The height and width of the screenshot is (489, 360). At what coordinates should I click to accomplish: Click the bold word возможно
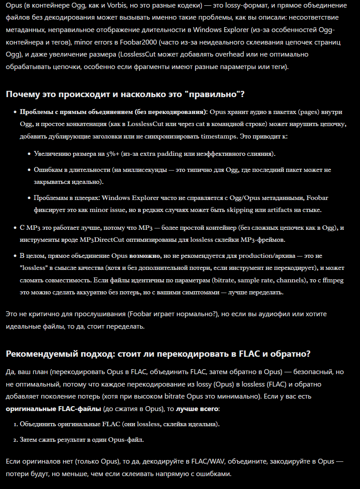[x=145, y=256]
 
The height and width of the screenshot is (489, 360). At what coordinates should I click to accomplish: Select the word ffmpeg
[x=332, y=281]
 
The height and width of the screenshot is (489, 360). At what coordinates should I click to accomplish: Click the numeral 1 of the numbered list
[x=15, y=424]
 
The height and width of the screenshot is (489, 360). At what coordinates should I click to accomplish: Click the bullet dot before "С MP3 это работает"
[x=15, y=228]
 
